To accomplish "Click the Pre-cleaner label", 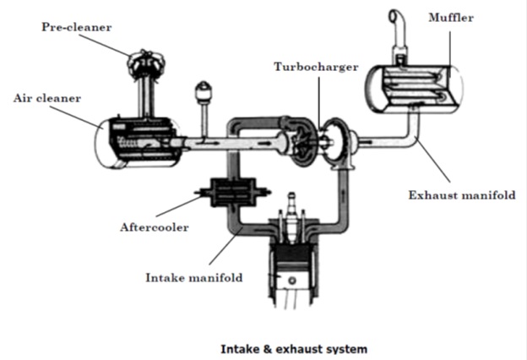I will click(77, 27).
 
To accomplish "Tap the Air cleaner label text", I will click(47, 98).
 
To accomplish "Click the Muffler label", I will click(451, 17).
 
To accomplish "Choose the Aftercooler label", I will click(153, 226).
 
